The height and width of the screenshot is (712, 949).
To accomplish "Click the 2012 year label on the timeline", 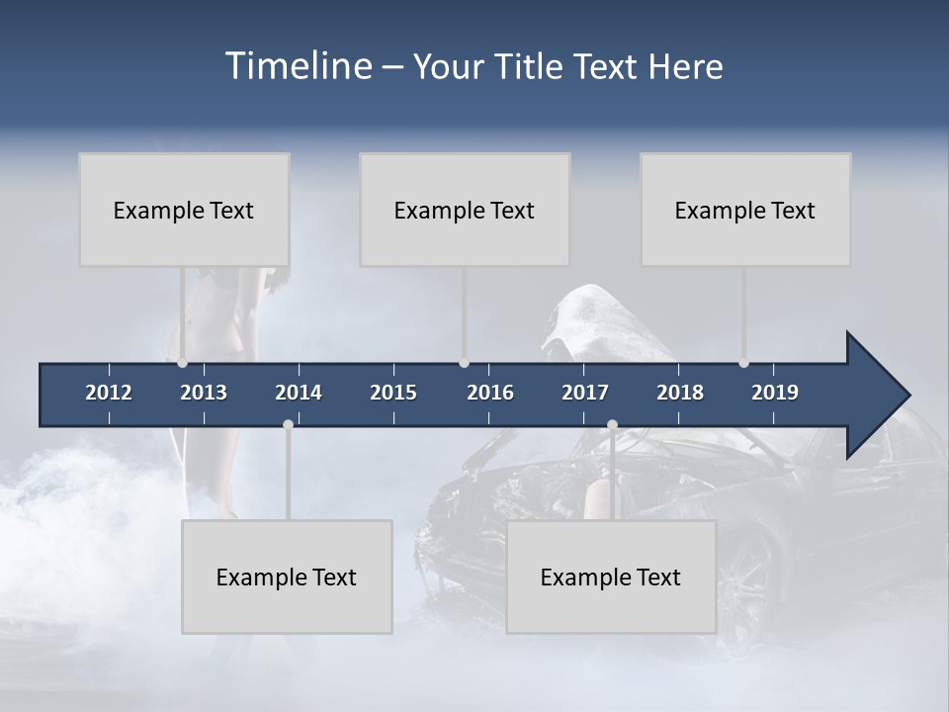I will [x=109, y=393].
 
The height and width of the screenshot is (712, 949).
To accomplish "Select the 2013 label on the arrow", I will [x=204, y=393].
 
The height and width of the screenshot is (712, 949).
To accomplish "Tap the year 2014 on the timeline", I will [x=299, y=393].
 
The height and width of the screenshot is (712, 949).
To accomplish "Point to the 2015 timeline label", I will [x=393, y=393].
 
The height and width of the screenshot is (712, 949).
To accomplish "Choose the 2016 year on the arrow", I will [x=490, y=393].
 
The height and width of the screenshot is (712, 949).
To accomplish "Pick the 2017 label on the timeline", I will [x=585, y=393].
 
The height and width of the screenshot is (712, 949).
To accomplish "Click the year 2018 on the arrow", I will [x=680, y=393].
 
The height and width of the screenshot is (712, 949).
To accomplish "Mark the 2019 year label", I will [x=775, y=393].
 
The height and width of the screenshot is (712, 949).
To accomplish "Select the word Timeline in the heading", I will [x=299, y=66].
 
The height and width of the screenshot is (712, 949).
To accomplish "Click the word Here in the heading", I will [x=685, y=66].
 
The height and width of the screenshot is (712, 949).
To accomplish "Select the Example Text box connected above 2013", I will [x=184, y=210].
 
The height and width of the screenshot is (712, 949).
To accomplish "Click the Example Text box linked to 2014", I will [x=287, y=577].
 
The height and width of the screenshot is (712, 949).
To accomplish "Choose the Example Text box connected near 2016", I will [x=465, y=210].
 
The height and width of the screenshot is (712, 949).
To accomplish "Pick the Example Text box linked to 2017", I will [x=611, y=577].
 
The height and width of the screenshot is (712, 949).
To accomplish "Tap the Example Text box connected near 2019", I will [x=745, y=210].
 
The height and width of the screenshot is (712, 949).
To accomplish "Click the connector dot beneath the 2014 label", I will [x=288, y=424].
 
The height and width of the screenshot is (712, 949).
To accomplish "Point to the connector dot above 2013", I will [x=182, y=363].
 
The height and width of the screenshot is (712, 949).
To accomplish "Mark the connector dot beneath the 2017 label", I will [x=612, y=424].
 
